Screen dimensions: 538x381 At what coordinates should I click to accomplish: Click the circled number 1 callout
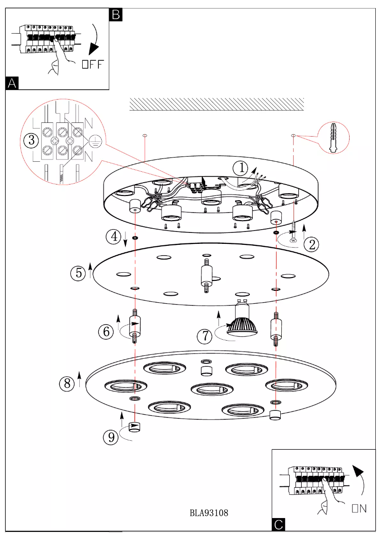(242, 167)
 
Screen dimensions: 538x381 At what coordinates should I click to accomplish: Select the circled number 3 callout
(31, 140)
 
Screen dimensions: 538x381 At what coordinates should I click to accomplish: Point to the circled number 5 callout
(78, 273)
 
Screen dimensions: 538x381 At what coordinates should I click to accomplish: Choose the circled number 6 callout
(106, 332)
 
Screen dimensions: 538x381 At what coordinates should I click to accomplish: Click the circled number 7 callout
(204, 336)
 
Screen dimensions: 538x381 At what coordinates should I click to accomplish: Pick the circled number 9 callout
(111, 437)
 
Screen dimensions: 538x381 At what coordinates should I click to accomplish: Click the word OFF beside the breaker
(93, 65)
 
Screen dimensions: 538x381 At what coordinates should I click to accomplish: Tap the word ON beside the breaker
(359, 509)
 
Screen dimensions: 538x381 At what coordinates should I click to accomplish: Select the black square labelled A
(12, 83)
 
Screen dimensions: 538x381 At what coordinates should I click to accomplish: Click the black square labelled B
(116, 14)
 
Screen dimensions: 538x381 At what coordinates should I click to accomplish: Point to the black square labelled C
(279, 524)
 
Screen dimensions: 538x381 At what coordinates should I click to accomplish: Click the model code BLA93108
(209, 513)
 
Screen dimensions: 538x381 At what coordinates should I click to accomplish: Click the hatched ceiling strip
(217, 104)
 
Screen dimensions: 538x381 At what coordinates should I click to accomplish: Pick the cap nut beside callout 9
(135, 427)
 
